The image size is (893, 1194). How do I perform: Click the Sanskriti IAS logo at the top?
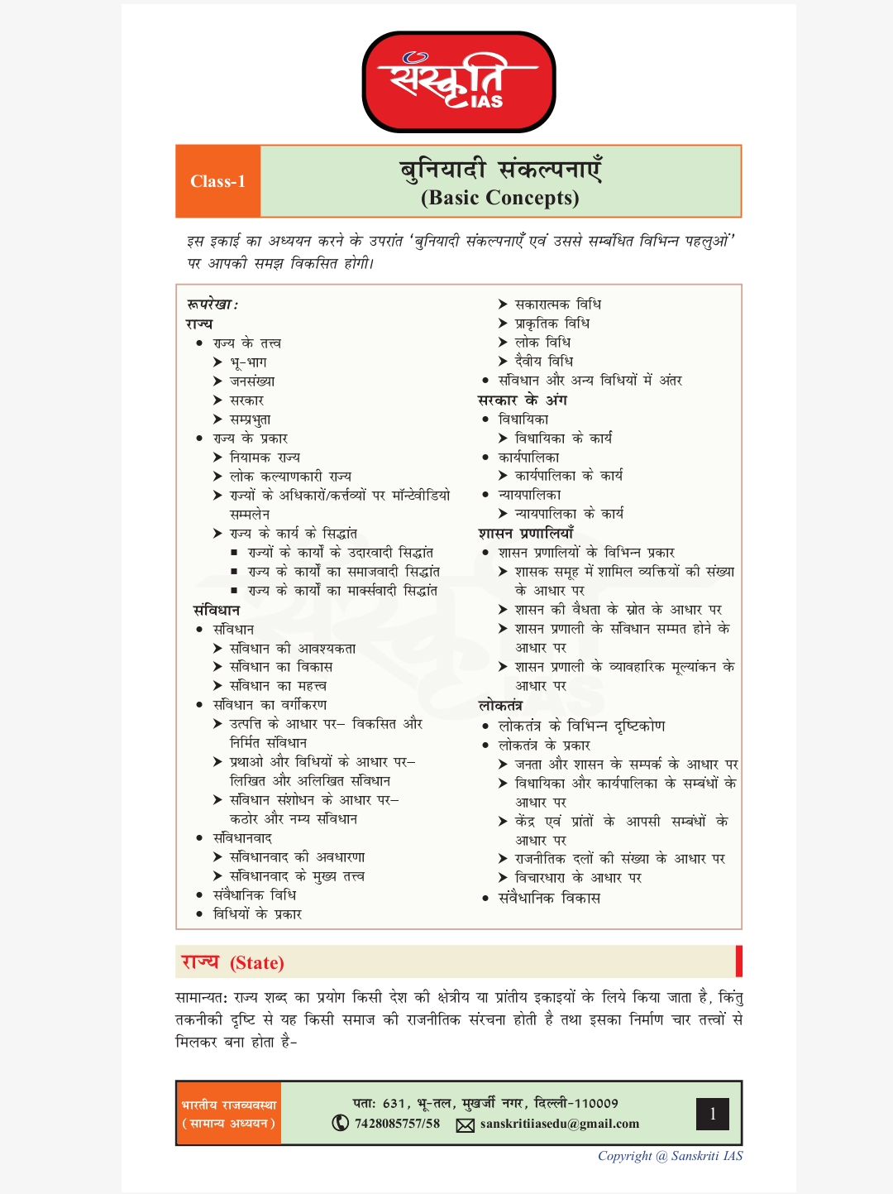pos(459,82)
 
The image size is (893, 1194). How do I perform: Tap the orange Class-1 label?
pos(217,181)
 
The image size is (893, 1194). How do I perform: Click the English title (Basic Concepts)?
pos(500,198)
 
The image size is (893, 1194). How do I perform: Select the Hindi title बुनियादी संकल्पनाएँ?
pos(500,169)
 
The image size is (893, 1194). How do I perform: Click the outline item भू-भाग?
pos(248,362)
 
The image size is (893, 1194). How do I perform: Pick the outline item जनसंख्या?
pos(252,381)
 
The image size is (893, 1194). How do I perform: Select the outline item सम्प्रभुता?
pos(250,420)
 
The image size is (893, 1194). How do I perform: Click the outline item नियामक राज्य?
pos(265,458)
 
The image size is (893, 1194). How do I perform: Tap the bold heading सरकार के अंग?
pos(523,400)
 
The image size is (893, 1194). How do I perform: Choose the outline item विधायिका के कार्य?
pos(563,439)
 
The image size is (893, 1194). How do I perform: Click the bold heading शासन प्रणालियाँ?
pos(526,534)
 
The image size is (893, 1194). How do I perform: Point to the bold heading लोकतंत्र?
pos(500,706)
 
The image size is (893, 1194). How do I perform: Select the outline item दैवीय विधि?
pos(543,362)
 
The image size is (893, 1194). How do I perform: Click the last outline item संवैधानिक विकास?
pos(549,898)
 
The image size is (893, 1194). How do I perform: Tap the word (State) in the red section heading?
pos(257,963)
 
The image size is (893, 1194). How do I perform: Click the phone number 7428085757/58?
pos(397,1124)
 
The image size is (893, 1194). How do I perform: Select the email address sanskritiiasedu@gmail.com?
pos(559,1124)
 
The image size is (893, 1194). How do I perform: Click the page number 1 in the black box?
pos(713,1114)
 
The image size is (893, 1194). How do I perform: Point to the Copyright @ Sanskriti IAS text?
pos(670,1156)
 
